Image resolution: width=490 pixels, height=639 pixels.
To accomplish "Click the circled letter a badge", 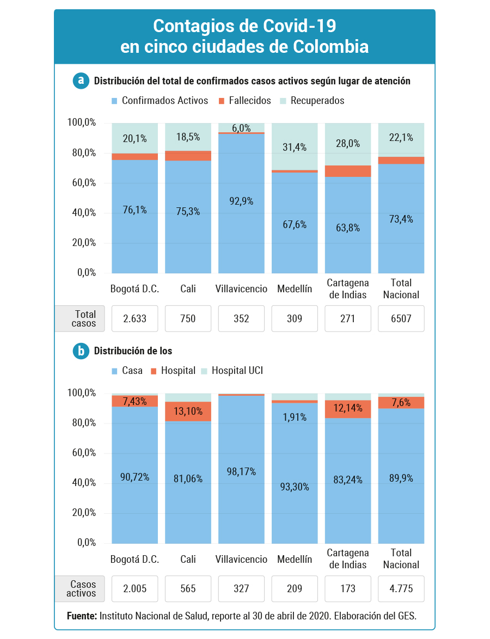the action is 81,80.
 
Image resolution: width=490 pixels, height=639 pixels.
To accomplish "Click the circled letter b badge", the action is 81,351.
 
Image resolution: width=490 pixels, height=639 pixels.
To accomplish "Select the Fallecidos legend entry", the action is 244,101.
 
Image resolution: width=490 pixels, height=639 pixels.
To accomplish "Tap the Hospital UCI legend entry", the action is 232,371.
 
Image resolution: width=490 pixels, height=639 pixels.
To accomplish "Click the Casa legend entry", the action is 127,371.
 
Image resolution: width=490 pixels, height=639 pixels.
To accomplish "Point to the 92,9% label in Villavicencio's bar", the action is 241,201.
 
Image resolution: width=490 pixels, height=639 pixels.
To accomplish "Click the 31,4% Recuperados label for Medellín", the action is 295,147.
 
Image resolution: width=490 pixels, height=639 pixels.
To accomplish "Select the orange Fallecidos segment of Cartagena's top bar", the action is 348,171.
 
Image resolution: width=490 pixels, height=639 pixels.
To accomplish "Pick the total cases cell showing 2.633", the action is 135,318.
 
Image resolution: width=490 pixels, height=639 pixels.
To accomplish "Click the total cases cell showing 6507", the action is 401,318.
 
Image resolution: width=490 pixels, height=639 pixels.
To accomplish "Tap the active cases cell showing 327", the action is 241,588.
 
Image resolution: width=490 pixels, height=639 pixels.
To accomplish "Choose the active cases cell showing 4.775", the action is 401,588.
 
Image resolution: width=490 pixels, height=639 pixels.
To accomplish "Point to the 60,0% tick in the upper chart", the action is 84,182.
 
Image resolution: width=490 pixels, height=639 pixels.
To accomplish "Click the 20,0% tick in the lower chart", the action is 84,513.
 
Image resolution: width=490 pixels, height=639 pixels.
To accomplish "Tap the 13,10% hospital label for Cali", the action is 188,411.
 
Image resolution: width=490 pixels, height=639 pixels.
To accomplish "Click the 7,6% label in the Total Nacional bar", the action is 401,403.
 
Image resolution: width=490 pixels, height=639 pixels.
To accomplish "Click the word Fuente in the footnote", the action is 82,616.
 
